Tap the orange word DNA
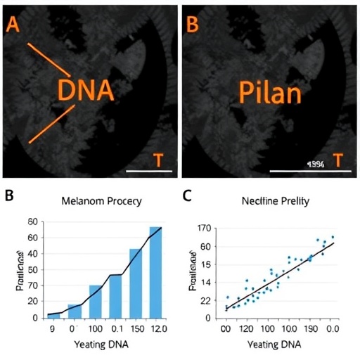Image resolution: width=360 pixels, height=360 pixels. pos(85,91)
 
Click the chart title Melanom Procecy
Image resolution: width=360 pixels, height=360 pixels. pos(101,201)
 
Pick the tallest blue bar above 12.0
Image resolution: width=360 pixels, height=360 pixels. pos(155,272)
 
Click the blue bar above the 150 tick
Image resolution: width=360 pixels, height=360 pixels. pos(135,283)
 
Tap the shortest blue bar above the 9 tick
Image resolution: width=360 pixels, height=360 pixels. pos(54,315)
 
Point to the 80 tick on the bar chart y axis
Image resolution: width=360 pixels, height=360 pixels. pos(31,222)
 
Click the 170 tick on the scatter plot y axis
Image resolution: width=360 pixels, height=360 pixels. pos(205,228)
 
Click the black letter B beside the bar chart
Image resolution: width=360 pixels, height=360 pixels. pos(10,195)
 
